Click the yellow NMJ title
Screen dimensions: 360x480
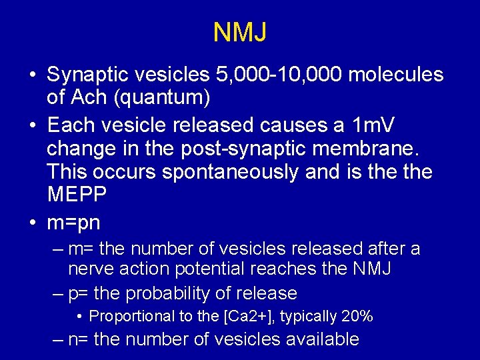coord(240,32)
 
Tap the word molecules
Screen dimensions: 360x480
coord(396,75)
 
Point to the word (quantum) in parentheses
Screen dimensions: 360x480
coord(162,99)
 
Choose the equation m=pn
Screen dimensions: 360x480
coord(73,221)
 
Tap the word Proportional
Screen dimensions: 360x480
coord(129,316)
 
